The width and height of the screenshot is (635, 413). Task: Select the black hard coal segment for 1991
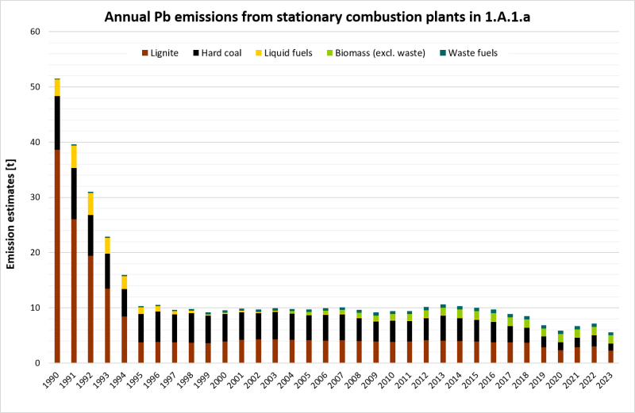[74, 193]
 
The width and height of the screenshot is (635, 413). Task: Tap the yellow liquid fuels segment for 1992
[90, 204]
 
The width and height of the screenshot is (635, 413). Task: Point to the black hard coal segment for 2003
[275, 325]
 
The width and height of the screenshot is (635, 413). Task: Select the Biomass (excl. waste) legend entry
[379, 53]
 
